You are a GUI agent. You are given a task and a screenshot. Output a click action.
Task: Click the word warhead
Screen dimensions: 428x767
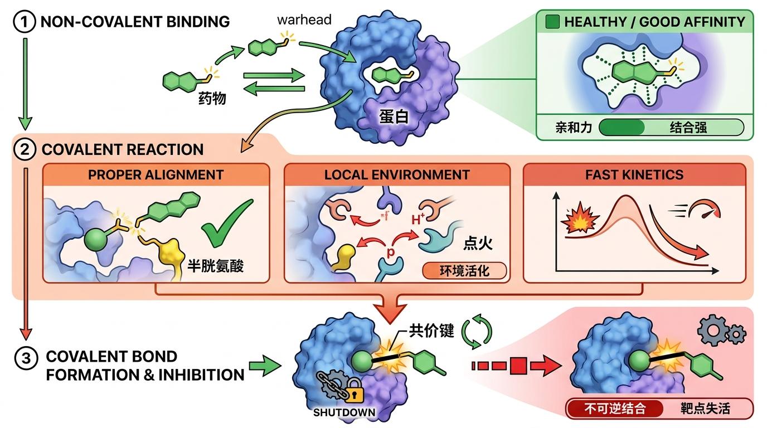coord(304,20)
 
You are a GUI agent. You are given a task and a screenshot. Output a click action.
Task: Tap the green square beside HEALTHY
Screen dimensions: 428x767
coord(552,22)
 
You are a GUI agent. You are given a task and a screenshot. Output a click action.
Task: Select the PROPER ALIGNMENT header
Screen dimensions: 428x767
coord(156,174)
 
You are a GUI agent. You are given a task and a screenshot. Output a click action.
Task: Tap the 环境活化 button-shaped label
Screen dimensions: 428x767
coord(465,271)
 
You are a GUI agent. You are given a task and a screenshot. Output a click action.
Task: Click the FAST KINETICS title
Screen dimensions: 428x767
coord(634,174)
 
